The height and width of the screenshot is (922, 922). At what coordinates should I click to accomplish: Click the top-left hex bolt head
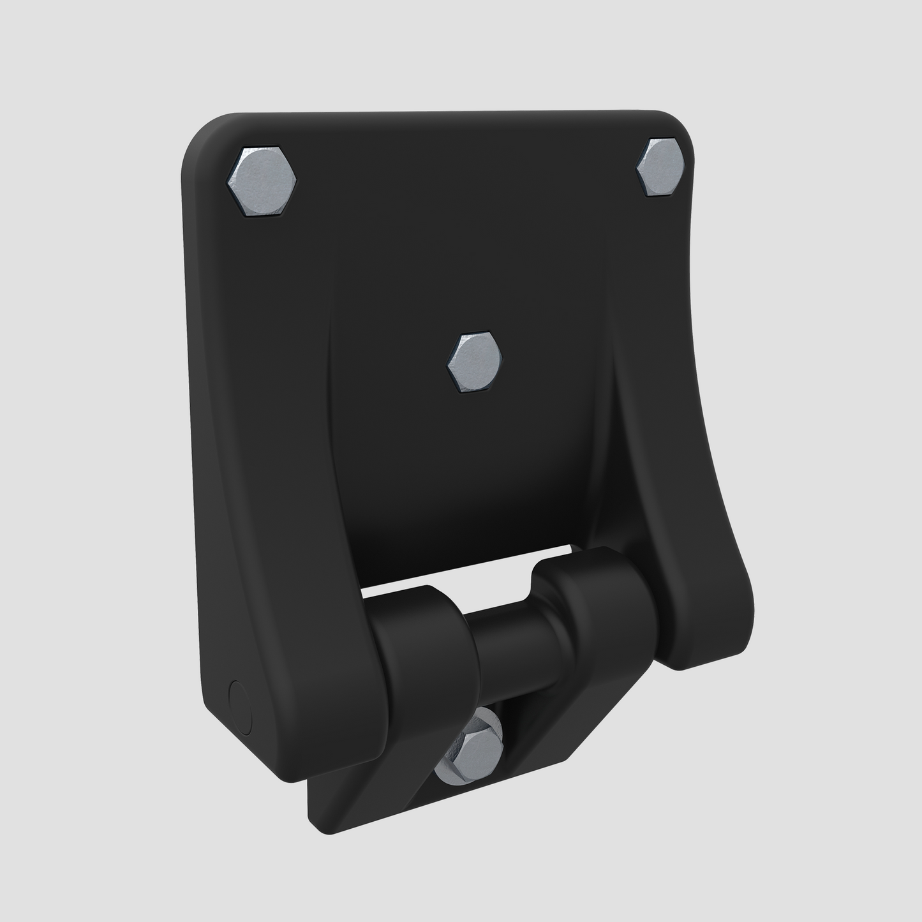[x=262, y=182]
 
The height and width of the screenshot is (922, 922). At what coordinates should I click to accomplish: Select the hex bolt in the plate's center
[x=473, y=361]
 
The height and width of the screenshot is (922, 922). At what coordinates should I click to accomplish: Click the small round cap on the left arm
[x=240, y=705]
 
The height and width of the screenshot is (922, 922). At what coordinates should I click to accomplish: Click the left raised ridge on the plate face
[x=332, y=415]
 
